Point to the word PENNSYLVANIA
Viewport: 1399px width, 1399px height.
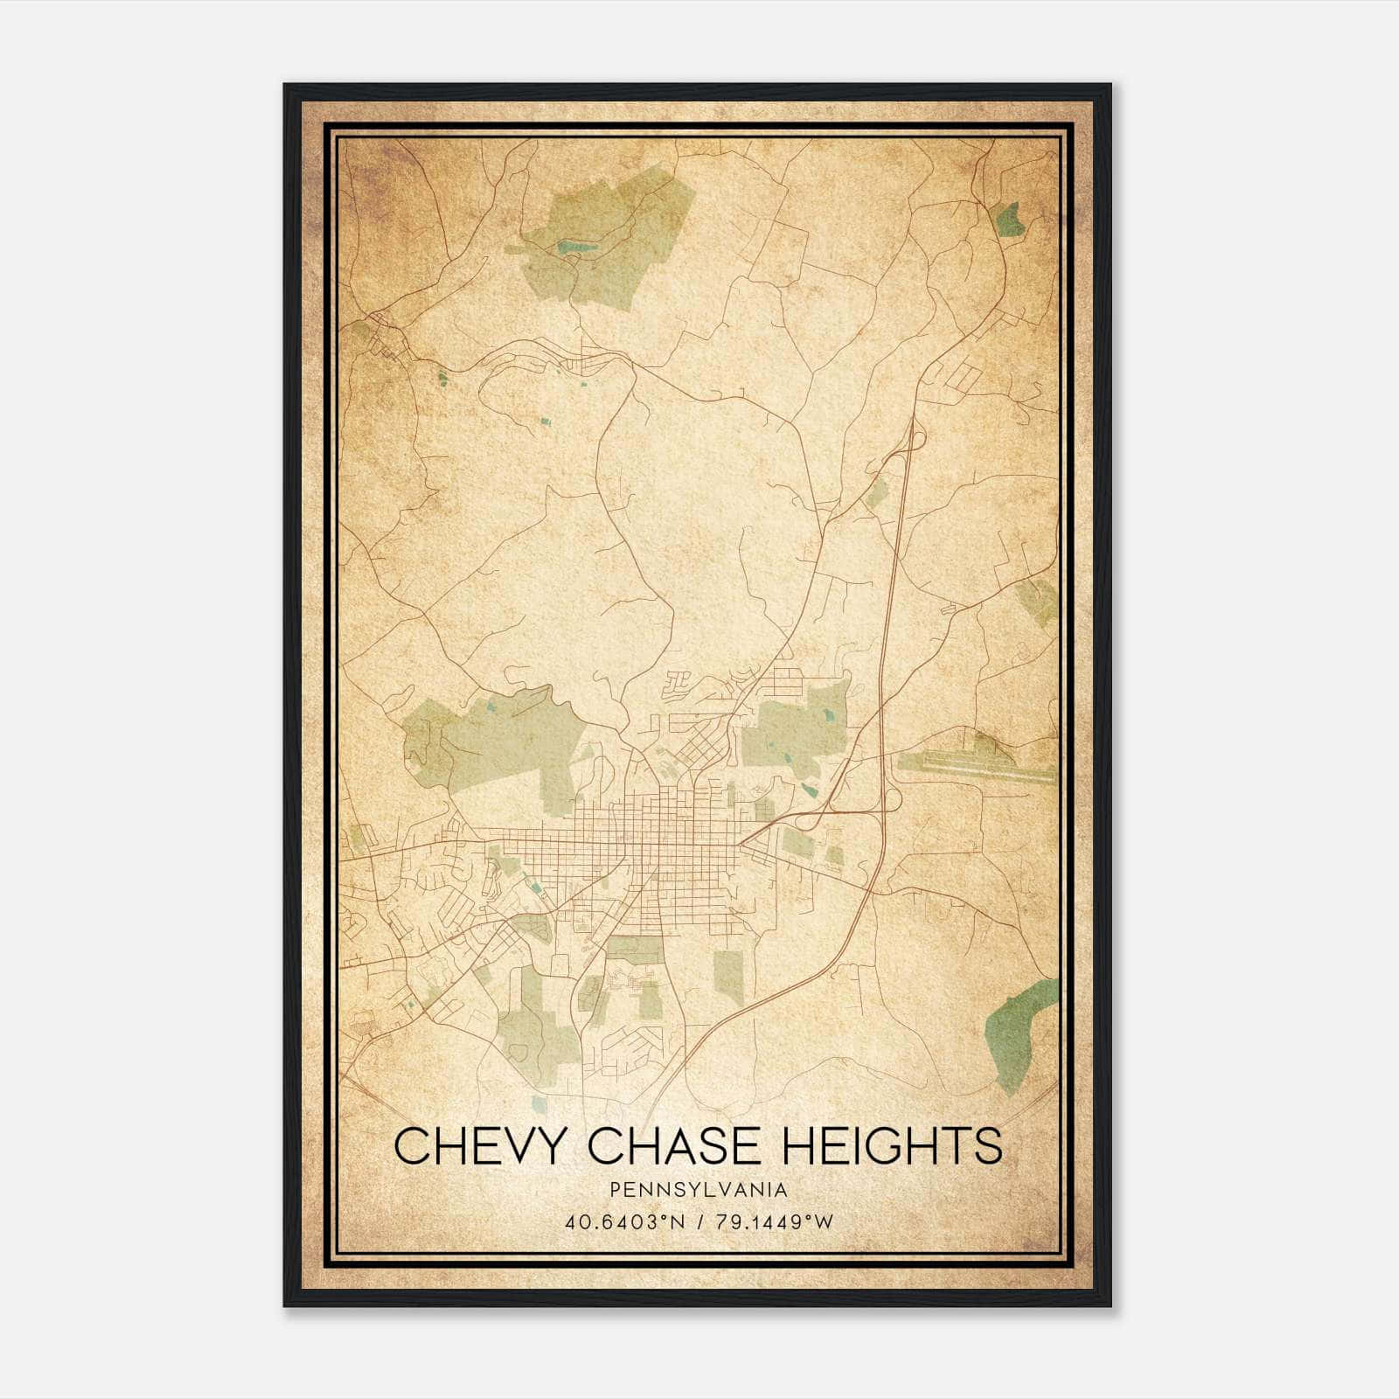click(x=699, y=1190)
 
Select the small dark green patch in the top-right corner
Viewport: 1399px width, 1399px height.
click(x=1010, y=219)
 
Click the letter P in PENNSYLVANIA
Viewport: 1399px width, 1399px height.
click(x=616, y=1190)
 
